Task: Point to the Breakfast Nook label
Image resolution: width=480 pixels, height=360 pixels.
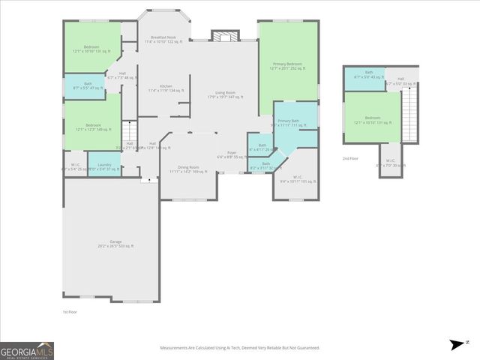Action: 163,39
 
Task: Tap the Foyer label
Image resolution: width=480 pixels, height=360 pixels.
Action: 232,154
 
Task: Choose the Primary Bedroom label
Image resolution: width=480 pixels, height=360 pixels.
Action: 286,66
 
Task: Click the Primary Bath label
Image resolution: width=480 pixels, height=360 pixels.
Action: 289,122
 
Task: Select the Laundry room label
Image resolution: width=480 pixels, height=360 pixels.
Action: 104,166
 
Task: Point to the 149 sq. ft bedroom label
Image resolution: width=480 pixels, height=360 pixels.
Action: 93,127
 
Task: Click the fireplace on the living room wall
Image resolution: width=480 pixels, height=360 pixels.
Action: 223,36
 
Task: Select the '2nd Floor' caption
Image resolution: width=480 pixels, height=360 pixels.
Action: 350,158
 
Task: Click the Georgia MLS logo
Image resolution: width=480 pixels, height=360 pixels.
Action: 26,350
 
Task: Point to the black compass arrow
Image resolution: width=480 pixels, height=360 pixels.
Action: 457,345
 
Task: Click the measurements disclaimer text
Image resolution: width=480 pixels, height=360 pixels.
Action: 240,347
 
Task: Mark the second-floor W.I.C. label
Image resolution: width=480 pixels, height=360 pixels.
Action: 390,163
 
